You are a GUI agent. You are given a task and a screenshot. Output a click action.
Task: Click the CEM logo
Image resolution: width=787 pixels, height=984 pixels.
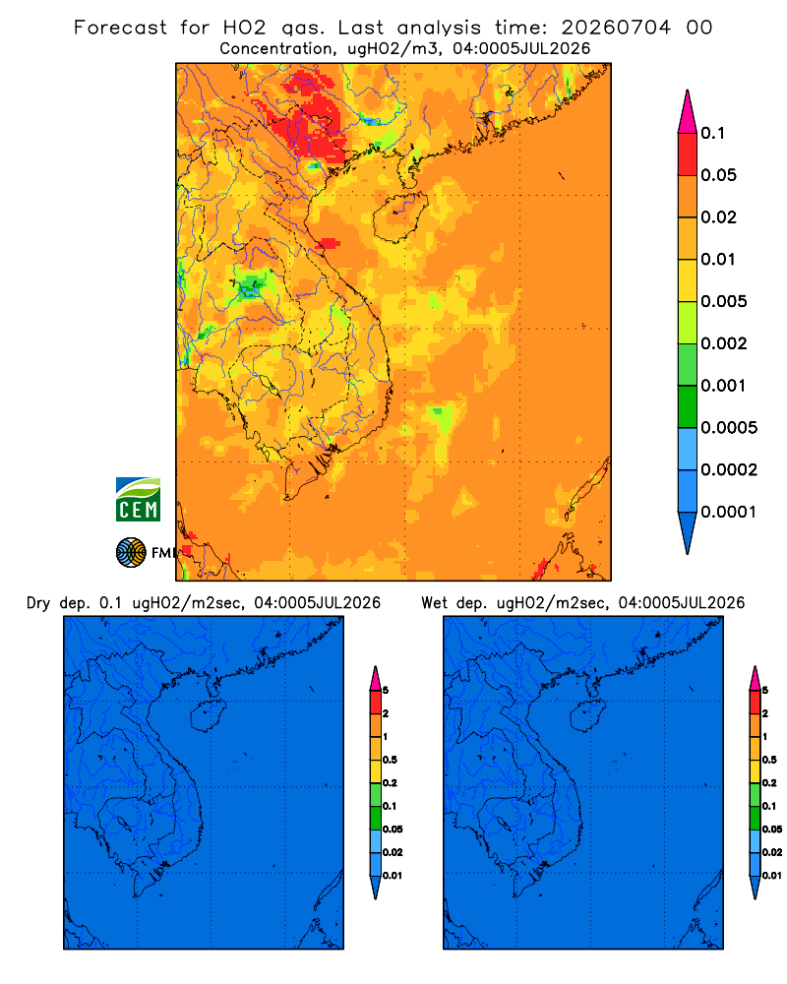click(138, 499)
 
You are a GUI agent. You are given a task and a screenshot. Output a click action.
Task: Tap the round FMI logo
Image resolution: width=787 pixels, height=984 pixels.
click(131, 553)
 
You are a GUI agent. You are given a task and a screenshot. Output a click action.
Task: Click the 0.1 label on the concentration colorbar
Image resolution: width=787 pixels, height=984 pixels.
click(712, 133)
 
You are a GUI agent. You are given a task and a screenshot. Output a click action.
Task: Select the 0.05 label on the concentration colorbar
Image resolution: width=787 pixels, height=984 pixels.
click(718, 175)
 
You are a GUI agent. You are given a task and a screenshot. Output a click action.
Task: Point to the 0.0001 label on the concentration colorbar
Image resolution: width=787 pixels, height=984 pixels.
click(729, 512)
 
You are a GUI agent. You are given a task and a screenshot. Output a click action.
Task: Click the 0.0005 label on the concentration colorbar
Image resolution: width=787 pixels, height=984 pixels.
click(729, 428)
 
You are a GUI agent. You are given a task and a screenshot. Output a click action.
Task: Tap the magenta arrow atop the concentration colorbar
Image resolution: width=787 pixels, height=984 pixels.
click(688, 112)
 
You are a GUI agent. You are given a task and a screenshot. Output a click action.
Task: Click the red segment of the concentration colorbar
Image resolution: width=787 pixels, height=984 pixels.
click(688, 154)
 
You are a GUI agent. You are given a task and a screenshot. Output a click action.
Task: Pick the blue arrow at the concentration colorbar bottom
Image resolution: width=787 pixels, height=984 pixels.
click(688, 533)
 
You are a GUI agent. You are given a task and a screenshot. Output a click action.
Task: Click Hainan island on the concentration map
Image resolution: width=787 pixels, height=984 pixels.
click(400, 217)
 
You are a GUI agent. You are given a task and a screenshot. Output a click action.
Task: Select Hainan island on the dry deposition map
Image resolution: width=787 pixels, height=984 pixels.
click(209, 716)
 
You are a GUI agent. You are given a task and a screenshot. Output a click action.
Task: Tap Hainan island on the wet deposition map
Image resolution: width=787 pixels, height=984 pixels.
click(588, 716)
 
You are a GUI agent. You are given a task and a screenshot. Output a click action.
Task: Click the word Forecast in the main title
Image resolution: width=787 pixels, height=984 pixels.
click(120, 28)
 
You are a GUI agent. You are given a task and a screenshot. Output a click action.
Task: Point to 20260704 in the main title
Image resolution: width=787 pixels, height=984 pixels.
click(616, 28)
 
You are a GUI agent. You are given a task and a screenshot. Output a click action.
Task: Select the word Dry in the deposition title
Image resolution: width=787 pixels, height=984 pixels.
click(38, 604)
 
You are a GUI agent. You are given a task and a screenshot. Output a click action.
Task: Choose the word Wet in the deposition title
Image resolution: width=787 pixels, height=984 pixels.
click(434, 603)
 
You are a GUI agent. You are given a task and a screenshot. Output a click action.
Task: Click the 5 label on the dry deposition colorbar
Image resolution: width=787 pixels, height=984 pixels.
click(386, 691)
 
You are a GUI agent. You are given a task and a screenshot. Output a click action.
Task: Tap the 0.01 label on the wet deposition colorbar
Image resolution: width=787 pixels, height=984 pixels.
click(772, 876)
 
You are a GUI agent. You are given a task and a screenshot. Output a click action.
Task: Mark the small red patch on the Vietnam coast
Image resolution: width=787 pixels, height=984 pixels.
click(329, 243)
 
